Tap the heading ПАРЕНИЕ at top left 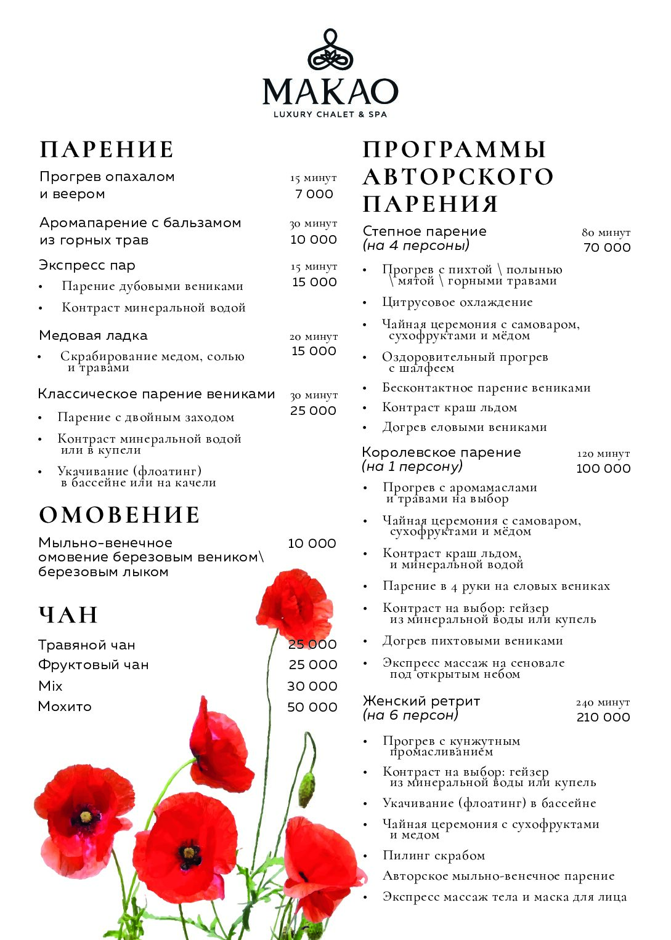pos(107,150)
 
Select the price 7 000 pos(314,194)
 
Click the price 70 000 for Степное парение pos(607,247)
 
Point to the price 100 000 pos(603,468)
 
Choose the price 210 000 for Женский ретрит pos(603,717)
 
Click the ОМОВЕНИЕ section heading pos(120,515)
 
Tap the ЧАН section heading pos(68,615)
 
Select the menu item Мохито pos(65,707)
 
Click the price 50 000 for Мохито pos(312,707)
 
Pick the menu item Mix pos(51,686)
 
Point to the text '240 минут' pos(603,702)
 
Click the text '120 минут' pos(603,454)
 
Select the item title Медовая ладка pos(94,335)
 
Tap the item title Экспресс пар pos(87,265)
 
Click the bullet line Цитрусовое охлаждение pos(457,302)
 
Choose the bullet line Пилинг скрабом pos(434,855)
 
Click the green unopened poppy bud pos(306,789)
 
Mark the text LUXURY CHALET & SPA pos(330,114)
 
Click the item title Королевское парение pos(441,452)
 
